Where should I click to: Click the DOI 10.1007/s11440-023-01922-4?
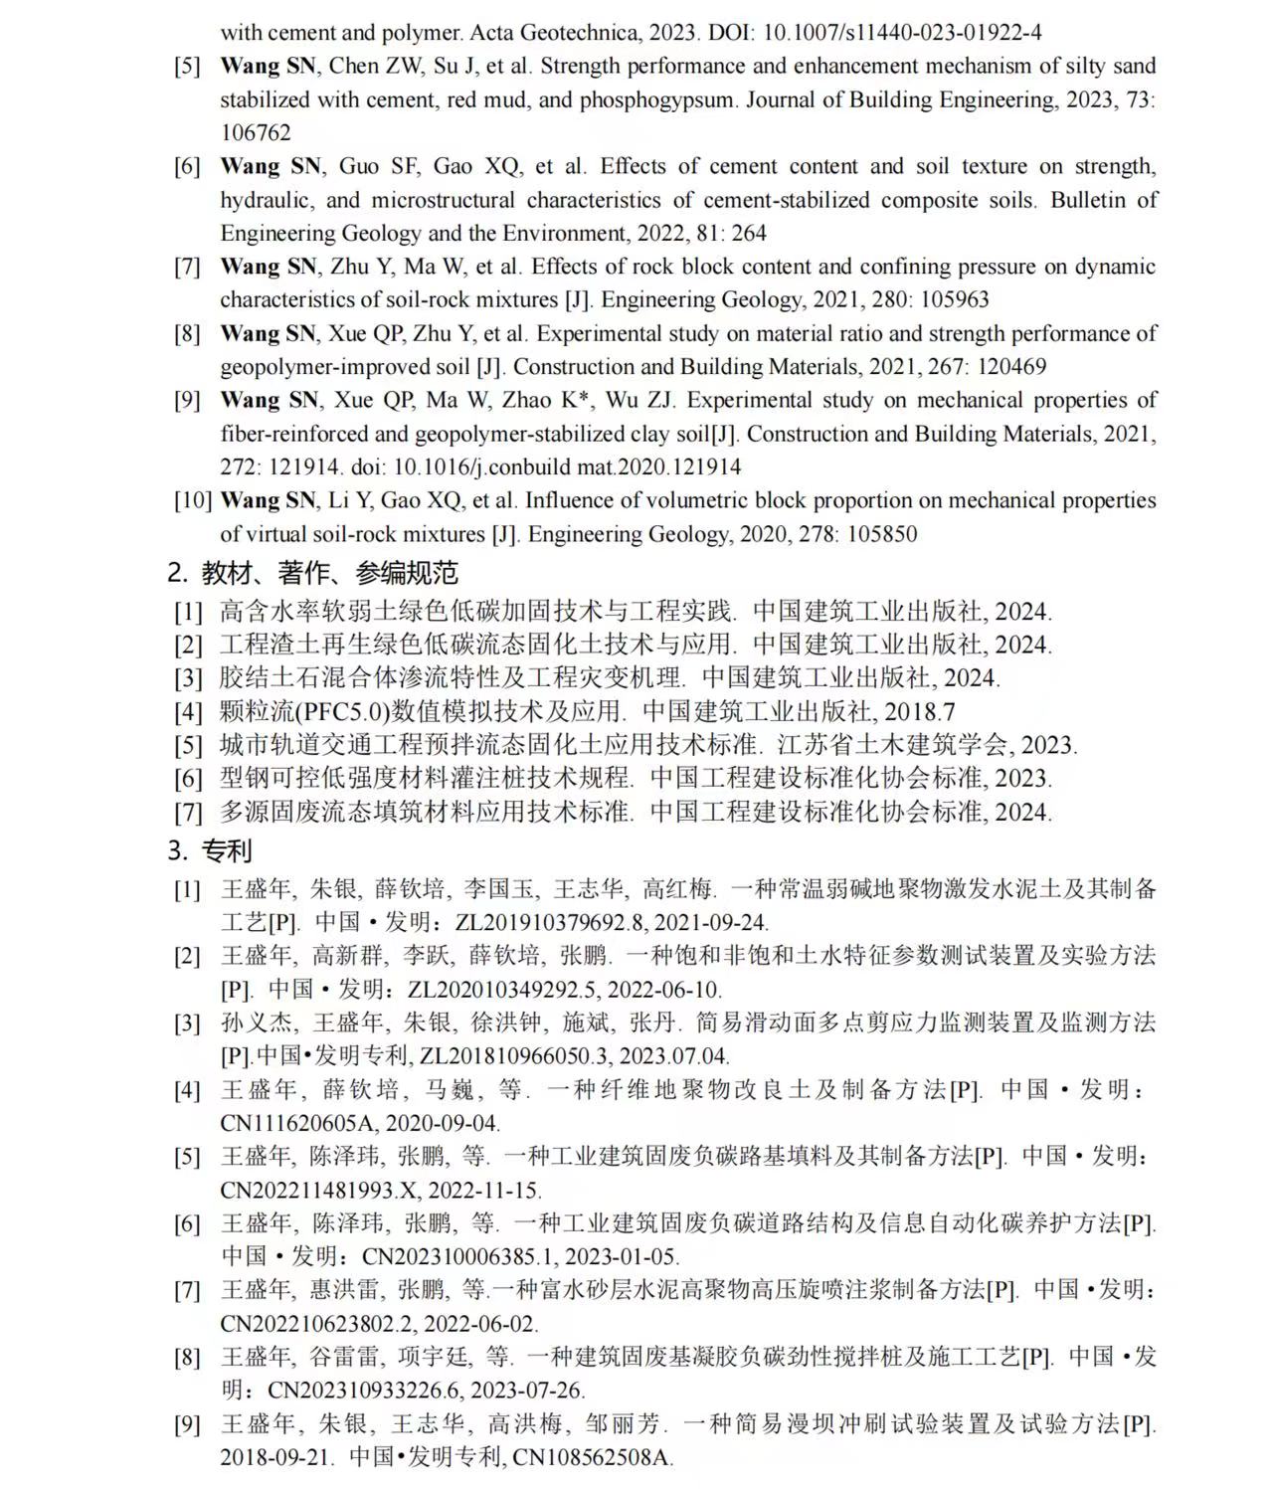(902, 33)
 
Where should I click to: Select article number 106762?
(256, 133)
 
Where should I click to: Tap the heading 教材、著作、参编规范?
(329, 573)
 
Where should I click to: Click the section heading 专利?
(227, 851)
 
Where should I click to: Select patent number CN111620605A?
(297, 1123)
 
